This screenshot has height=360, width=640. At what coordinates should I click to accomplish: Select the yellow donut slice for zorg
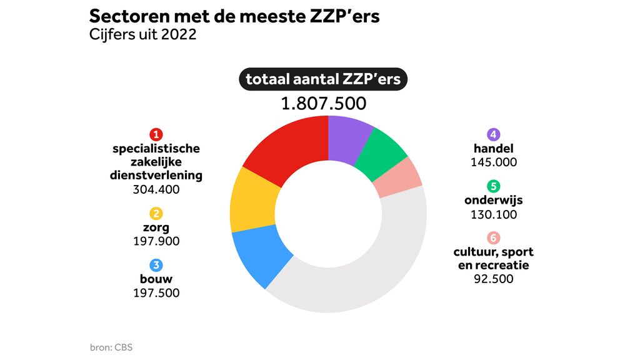point(250,203)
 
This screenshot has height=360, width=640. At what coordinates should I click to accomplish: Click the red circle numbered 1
point(156,134)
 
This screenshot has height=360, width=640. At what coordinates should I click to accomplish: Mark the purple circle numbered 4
point(494,134)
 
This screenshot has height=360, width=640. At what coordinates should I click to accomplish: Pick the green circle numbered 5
point(494,186)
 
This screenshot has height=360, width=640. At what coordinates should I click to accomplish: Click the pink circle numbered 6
point(494,238)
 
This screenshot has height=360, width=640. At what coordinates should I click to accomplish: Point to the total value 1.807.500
point(323,104)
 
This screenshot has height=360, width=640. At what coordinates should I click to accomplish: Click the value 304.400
point(156,189)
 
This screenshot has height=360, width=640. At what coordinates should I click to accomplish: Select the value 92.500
point(494,279)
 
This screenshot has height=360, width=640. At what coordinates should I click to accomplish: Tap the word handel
point(494,149)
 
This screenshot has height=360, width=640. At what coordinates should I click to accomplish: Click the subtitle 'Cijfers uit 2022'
point(143,34)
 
